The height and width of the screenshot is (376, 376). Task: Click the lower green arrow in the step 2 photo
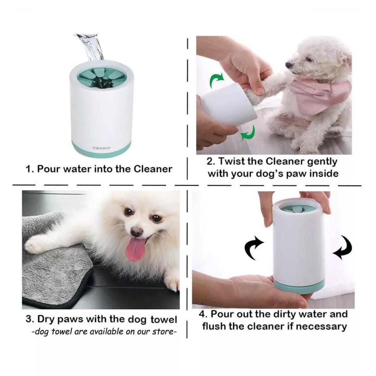[248, 133]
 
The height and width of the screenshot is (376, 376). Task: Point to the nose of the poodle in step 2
[289, 64]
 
